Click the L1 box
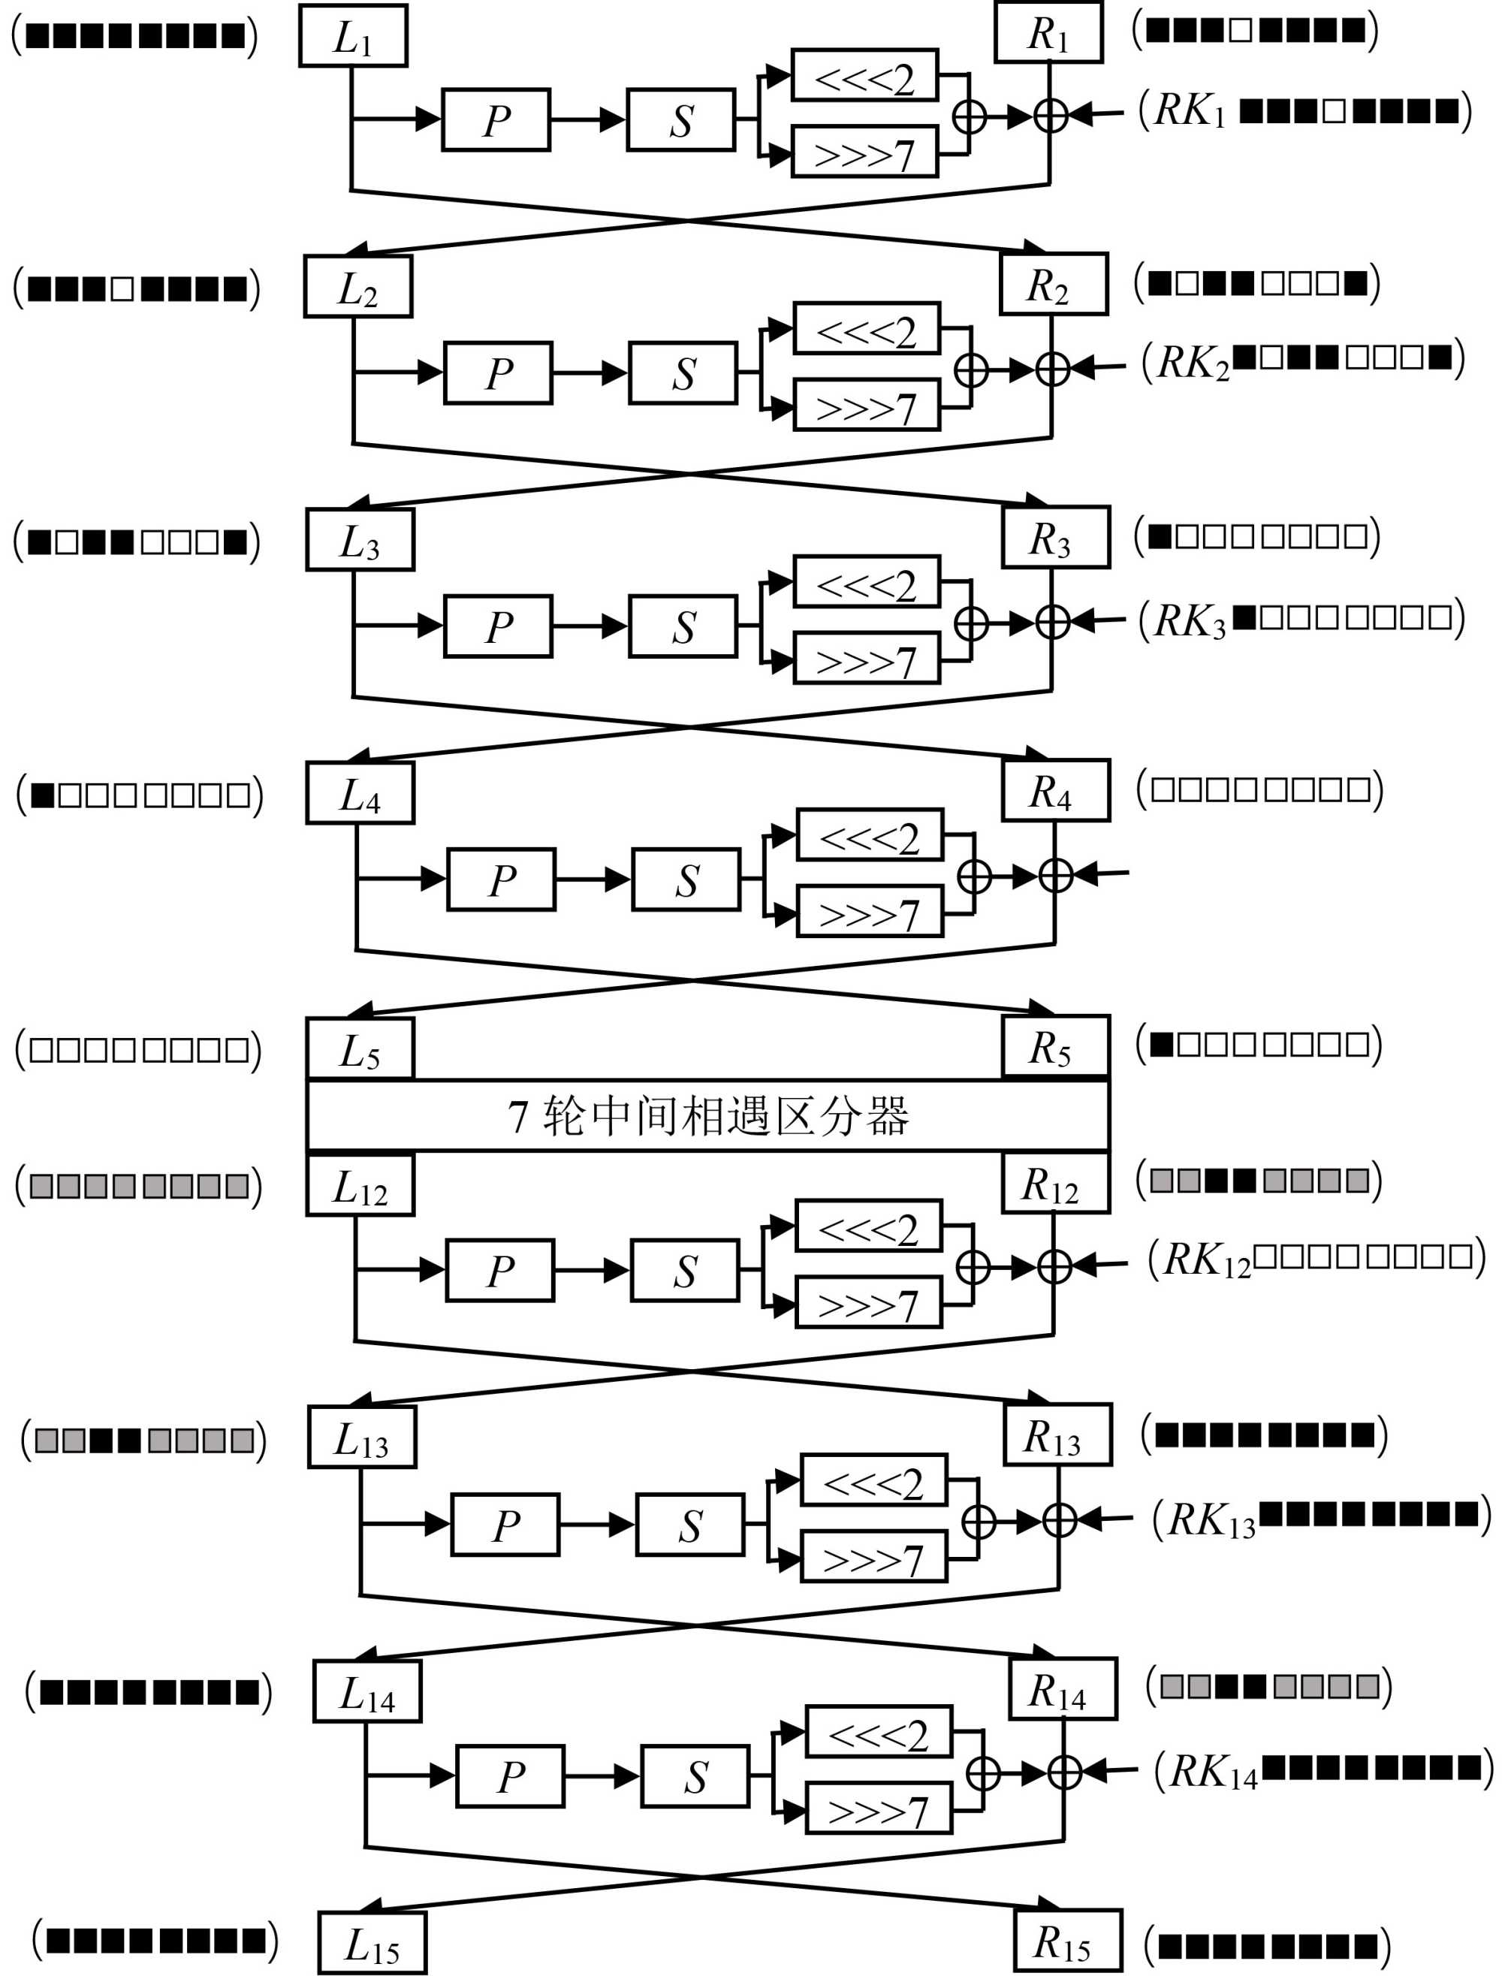pyautogui.click(x=353, y=36)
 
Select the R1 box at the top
pyautogui.click(x=1048, y=33)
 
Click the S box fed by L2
pyautogui.click(x=683, y=373)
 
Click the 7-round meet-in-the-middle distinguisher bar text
pyautogui.click(x=708, y=1116)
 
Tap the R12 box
pyautogui.click(x=1055, y=1184)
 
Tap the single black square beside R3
pyautogui.click(x=1160, y=536)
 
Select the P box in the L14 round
pyautogui.click(x=510, y=1775)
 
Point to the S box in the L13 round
pyautogui.click(x=689, y=1525)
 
